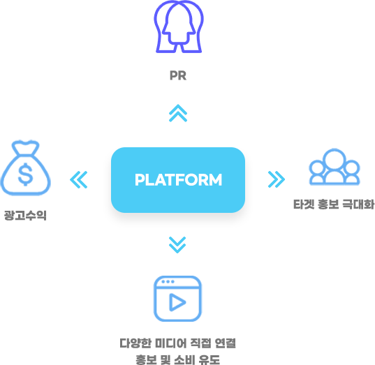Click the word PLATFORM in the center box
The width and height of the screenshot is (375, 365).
click(178, 180)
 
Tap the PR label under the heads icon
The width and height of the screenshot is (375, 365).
click(178, 75)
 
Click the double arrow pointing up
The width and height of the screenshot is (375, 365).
click(178, 113)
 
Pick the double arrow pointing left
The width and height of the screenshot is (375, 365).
click(79, 180)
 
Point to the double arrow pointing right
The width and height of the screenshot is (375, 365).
click(277, 179)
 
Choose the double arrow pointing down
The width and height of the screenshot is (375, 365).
click(177, 245)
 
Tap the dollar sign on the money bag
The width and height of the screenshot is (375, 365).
click(26, 174)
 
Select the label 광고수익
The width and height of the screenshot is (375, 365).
click(25, 216)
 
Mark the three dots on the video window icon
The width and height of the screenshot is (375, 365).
click(168, 281)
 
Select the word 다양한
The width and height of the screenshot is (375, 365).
click(135, 343)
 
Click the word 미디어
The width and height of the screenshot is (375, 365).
click(171, 343)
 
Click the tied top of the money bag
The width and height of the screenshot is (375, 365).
click(25, 147)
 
